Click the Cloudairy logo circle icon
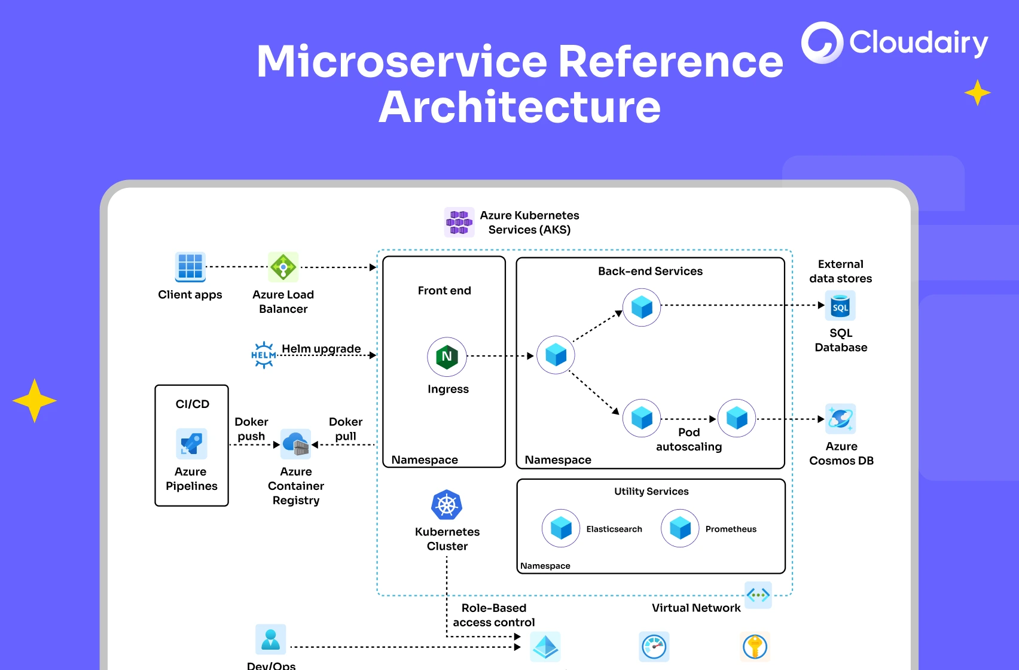click(822, 43)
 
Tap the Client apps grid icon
click(190, 267)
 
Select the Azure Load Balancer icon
click(283, 267)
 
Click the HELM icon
click(264, 355)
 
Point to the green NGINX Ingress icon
click(447, 357)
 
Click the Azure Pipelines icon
click(191, 444)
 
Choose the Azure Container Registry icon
click(296, 444)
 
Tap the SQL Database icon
click(840, 306)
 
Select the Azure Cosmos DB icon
click(840, 419)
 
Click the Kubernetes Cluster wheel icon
click(447, 505)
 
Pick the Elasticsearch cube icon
click(561, 528)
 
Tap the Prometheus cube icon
click(680, 528)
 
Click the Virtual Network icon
click(758, 595)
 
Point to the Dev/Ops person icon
click(271, 639)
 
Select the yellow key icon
click(755, 647)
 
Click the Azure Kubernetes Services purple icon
click(459, 223)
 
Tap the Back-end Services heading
click(650, 271)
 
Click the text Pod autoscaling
click(689, 440)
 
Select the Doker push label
click(251, 429)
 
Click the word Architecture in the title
click(519, 108)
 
